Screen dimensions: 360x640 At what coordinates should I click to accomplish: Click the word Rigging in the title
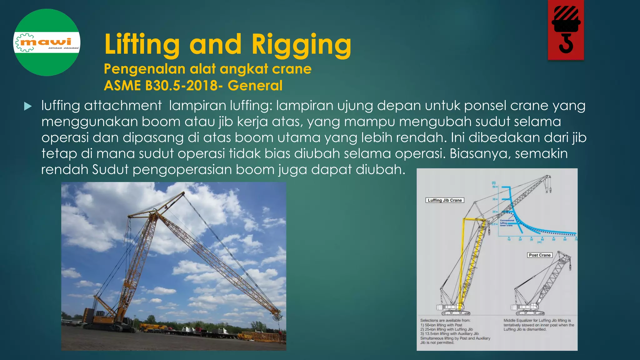tap(301, 45)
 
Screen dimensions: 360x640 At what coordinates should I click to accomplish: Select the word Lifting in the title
tap(142, 45)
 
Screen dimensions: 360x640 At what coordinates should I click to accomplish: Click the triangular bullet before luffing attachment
tap(28, 107)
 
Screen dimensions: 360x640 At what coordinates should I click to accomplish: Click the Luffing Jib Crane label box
tap(445, 200)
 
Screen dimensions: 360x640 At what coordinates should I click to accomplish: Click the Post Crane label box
tap(540, 255)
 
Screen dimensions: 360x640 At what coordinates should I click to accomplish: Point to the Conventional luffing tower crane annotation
tap(507, 222)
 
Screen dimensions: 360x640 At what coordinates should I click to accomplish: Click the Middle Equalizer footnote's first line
tap(537, 320)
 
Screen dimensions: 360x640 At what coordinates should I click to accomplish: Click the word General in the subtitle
tap(255, 86)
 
